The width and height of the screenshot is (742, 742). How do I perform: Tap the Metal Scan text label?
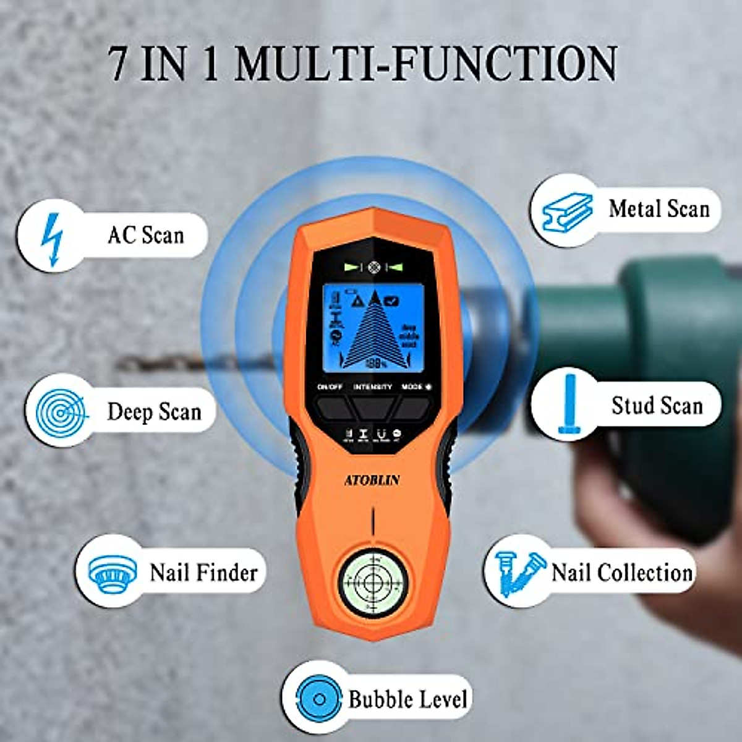tap(659, 209)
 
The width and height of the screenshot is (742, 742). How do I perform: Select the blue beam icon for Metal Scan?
tap(567, 212)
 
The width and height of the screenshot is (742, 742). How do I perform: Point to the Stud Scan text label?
tap(657, 406)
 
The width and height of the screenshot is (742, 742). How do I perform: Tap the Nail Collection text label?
tap(621, 573)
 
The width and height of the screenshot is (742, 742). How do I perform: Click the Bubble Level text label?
tap(407, 699)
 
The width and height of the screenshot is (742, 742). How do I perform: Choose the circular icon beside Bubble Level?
tap(319, 699)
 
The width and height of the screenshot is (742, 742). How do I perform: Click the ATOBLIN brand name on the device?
tap(372, 480)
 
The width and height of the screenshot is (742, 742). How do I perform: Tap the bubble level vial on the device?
tap(372, 581)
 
